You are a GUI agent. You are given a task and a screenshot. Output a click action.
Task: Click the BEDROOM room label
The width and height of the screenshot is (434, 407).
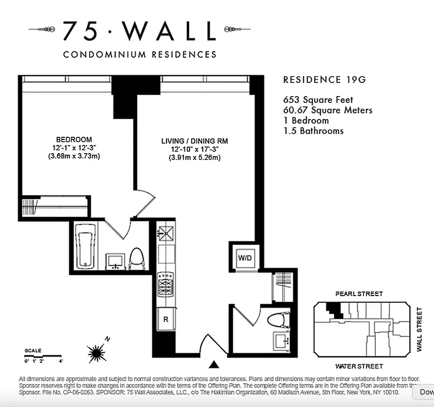[74, 139]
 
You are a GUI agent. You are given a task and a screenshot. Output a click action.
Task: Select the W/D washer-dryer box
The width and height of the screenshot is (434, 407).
[245, 257]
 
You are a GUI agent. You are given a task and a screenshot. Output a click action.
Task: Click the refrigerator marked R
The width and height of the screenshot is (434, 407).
[166, 319]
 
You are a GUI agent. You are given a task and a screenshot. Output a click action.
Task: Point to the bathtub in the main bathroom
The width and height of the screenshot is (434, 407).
[86, 247]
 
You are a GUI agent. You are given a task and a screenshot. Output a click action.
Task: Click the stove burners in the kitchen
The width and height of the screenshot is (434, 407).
[166, 284]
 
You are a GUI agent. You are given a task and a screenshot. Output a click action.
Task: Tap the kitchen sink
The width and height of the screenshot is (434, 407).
[166, 234]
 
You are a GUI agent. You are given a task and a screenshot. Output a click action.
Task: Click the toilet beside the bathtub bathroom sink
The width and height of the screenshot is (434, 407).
[137, 258]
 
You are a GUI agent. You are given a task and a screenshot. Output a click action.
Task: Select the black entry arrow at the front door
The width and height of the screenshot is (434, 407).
[214, 364]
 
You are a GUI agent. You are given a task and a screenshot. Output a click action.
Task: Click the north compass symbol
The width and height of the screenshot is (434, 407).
[96, 351]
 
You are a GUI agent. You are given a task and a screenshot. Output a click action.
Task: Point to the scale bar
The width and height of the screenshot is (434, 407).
[43, 356]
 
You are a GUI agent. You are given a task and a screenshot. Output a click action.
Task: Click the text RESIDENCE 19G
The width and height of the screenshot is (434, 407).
[324, 80]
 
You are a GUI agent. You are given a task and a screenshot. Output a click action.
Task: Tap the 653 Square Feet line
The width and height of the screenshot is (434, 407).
[317, 100]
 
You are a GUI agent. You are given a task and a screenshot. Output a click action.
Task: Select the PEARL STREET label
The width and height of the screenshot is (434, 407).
[359, 294]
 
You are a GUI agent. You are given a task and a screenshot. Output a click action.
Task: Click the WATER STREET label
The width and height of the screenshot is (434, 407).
[359, 366]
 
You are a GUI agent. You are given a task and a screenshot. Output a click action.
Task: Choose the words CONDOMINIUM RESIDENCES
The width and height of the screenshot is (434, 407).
[139, 54]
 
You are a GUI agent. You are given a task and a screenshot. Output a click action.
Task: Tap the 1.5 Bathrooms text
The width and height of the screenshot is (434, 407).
[313, 131]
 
